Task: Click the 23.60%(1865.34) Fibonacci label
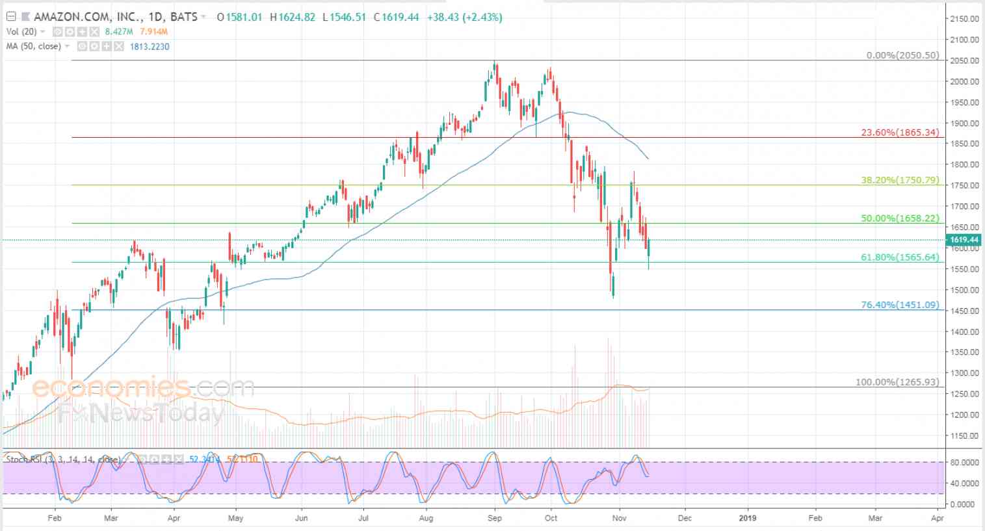[x=900, y=133]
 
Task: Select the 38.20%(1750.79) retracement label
[x=900, y=180]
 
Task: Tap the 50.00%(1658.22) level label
[x=900, y=218]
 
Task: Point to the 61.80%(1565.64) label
[x=900, y=257]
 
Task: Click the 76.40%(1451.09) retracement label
[x=900, y=305]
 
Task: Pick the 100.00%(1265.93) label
[x=897, y=382]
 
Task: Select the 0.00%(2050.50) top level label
[x=902, y=56]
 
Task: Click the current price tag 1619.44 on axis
[x=965, y=240]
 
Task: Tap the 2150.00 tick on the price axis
[x=964, y=19]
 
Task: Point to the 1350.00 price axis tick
[x=964, y=352]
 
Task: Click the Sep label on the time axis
[x=495, y=518]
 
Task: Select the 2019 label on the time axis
[x=748, y=518]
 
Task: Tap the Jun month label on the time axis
[x=301, y=518]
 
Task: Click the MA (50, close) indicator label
[x=33, y=46]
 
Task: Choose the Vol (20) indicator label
[x=21, y=32]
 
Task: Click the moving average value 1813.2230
[x=150, y=46]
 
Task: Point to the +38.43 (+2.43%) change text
[x=464, y=17]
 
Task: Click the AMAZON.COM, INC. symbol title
[x=73, y=17]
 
